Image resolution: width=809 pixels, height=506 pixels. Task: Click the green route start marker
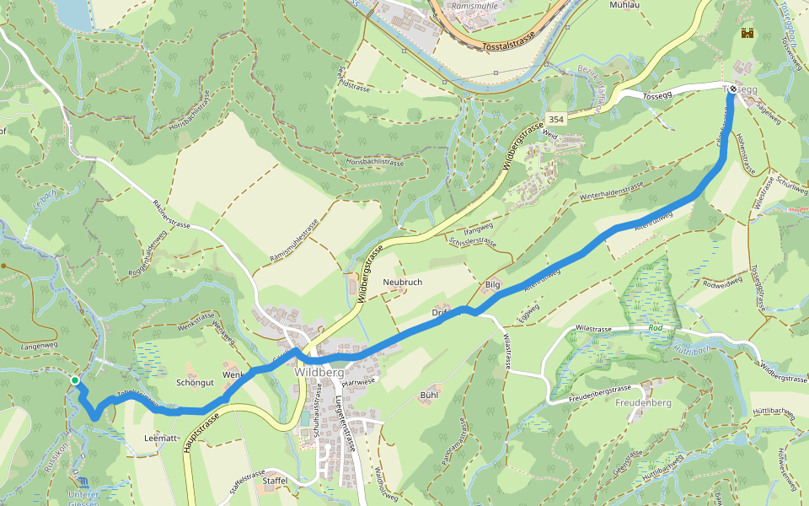pos(75,381)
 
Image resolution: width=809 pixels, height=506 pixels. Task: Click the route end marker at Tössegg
pos(733,89)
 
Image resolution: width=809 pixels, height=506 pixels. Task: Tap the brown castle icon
pos(747,34)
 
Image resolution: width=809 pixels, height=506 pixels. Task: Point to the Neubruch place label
pos(402,282)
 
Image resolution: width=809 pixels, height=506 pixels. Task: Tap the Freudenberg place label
pos(643,403)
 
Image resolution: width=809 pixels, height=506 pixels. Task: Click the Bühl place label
pos(430,395)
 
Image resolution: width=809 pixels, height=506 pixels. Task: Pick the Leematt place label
pos(161,438)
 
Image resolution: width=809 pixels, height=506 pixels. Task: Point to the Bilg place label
pos(493,285)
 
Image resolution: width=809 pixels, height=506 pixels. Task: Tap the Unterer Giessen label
pos(84,498)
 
